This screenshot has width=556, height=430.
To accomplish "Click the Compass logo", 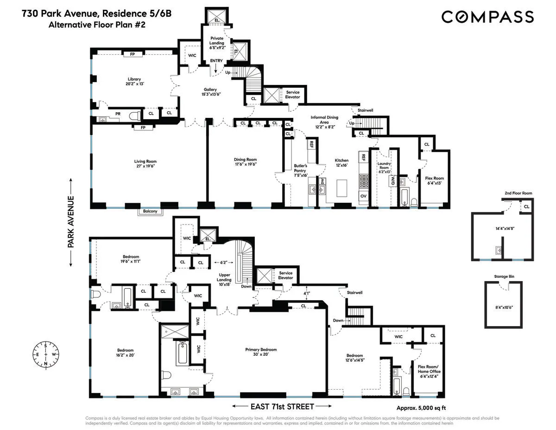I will click(487, 17).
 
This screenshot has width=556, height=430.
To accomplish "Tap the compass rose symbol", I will click(45, 355).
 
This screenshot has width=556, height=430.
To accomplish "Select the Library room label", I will click(134, 79).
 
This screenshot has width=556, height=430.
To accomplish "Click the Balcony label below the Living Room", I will click(150, 212).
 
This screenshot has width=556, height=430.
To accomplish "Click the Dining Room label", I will click(245, 159).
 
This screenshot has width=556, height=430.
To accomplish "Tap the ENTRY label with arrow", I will click(216, 61).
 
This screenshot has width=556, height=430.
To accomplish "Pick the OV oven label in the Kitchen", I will click(363, 196).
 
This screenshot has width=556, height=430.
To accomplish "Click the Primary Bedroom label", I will click(261, 349).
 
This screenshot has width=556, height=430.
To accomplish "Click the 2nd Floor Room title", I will click(518, 193).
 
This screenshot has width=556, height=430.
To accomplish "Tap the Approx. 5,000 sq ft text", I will click(421, 408).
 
